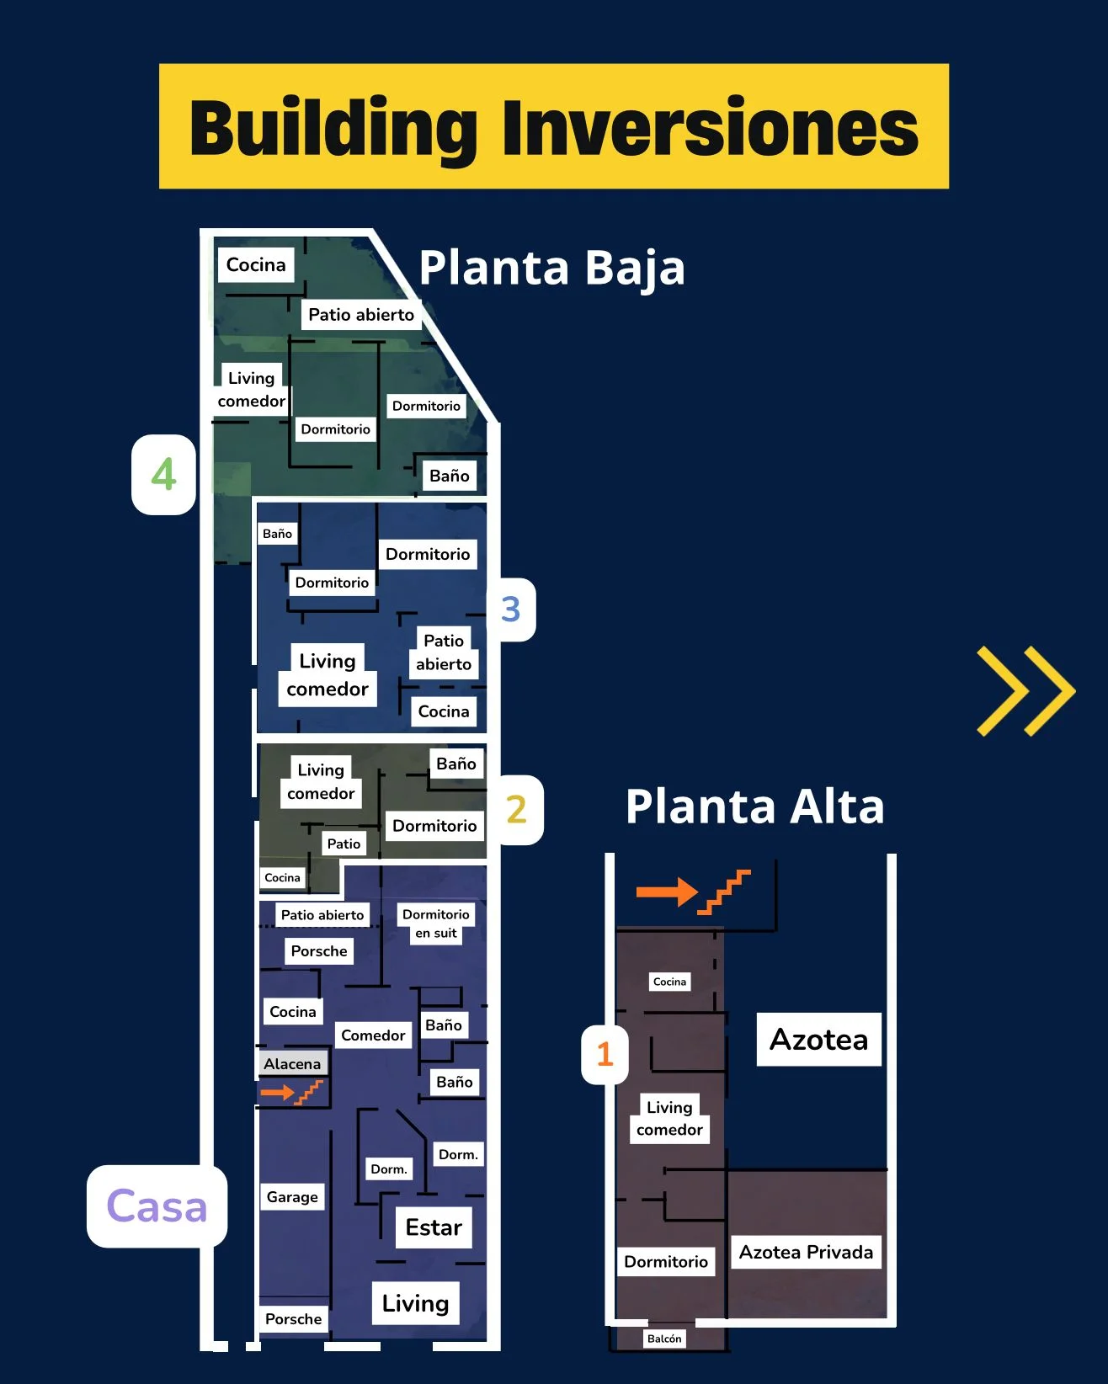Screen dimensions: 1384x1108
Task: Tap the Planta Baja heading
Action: click(x=551, y=268)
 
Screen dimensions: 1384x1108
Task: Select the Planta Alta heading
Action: click(x=754, y=806)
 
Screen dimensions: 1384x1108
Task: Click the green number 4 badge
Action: click(x=163, y=474)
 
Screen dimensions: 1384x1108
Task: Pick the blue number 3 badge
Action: click(x=510, y=609)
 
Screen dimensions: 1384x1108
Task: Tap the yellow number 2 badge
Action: click(x=516, y=809)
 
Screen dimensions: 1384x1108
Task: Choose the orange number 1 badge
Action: click(x=605, y=1054)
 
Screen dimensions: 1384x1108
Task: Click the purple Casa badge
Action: click(x=157, y=1206)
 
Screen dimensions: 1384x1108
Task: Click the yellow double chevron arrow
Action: click(x=1025, y=691)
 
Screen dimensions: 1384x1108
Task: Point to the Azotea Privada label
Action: click(x=806, y=1252)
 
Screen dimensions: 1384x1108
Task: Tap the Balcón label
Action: click(x=664, y=1339)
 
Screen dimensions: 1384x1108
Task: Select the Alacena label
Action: click(x=292, y=1064)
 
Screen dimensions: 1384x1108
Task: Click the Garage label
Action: click(x=292, y=1196)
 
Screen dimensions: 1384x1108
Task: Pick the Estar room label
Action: click(x=434, y=1227)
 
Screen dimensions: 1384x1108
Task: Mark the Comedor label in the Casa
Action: click(x=373, y=1035)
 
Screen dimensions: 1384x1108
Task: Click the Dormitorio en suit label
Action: click(x=435, y=924)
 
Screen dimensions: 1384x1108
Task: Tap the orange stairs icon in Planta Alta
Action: click(x=726, y=892)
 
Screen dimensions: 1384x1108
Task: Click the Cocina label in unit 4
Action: click(x=256, y=264)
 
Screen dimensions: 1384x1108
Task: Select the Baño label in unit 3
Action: click(x=277, y=534)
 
